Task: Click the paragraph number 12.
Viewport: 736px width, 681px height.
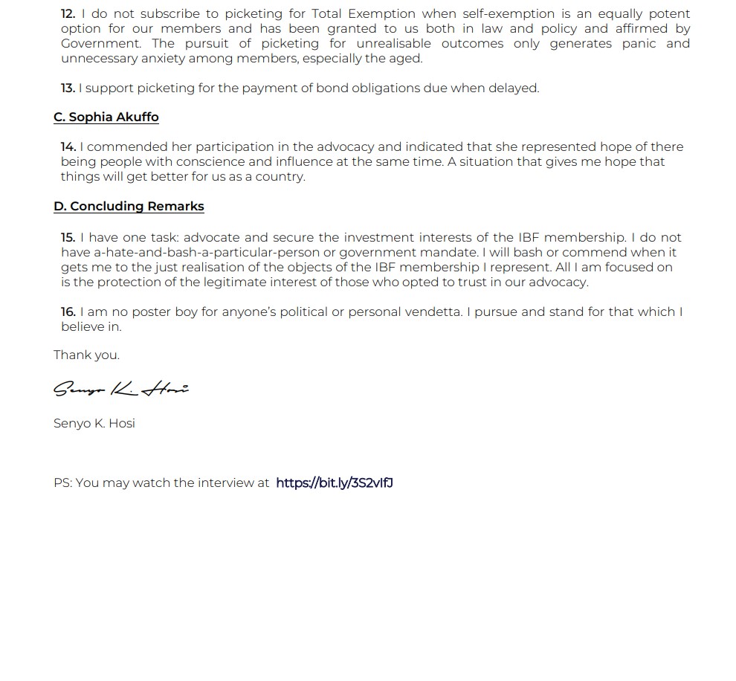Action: coord(68,13)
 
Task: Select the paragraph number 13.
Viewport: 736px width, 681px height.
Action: coord(68,88)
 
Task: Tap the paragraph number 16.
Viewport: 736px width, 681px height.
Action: coord(68,312)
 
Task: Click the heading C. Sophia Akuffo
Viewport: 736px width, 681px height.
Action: coord(106,117)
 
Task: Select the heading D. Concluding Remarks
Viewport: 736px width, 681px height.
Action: coord(129,206)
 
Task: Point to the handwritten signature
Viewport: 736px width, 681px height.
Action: coord(120,388)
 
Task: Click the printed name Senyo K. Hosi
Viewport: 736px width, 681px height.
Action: coord(94,423)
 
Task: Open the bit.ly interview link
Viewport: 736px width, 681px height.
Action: coord(334,482)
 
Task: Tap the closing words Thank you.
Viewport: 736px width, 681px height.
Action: coord(86,355)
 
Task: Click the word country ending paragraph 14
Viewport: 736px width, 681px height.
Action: coord(282,176)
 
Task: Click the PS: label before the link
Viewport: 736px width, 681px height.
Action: coord(62,482)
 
